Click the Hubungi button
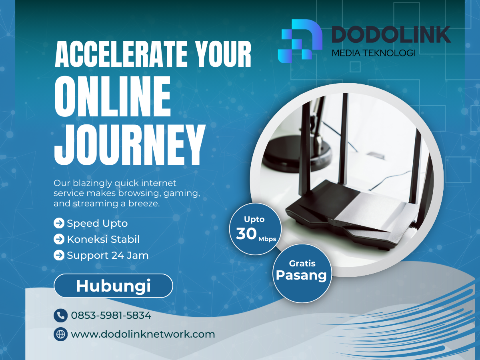coord(113,286)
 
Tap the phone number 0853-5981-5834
coord(111,316)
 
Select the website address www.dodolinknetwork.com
coord(143,334)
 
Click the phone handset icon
coord(60,316)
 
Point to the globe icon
coord(60,334)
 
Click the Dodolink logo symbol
coord(300,39)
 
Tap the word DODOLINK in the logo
coord(390,35)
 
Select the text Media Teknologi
coord(373,53)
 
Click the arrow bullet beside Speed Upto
coord(59,223)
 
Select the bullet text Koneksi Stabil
coord(103,239)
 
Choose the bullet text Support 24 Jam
coord(108,255)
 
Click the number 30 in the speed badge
coord(246,234)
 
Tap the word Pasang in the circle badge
coord(302,275)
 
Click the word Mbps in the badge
coord(267,239)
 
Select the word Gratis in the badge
coord(302,263)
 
